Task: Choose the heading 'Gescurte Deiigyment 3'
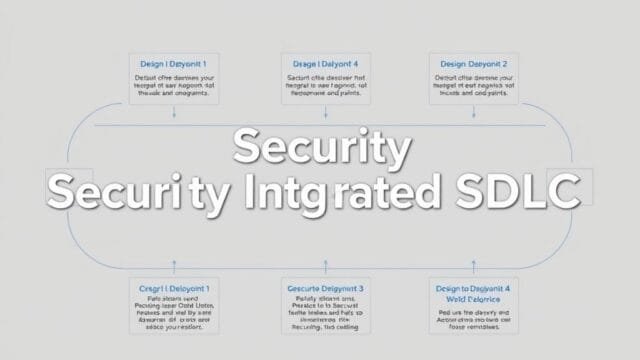pos(324,288)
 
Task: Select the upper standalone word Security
pos(321,148)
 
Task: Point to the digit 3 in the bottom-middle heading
pos(360,288)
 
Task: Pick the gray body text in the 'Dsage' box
pos(325,87)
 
